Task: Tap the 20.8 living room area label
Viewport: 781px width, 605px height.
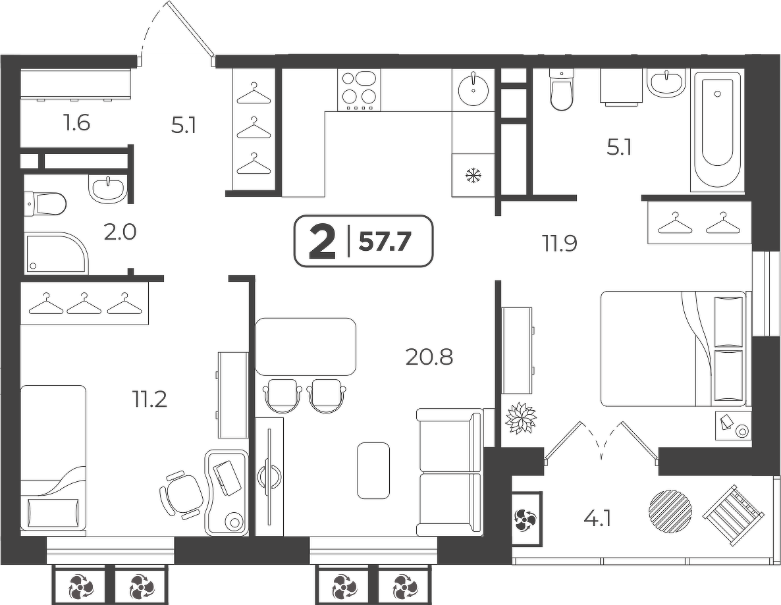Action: [429, 357]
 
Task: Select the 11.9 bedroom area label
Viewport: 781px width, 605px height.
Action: [560, 244]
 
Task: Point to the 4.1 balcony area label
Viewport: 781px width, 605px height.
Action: [597, 519]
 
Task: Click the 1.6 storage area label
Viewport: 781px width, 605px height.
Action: [76, 122]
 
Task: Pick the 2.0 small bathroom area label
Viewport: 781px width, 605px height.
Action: [120, 232]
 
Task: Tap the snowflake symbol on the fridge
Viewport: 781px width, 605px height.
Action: [473, 175]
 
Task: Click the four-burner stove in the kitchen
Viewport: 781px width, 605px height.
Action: [359, 90]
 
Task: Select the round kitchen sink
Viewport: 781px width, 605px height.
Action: [473, 89]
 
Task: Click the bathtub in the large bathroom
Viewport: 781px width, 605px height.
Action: [716, 132]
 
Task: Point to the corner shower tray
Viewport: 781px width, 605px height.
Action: [56, 252]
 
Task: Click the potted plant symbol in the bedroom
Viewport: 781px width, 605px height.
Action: [520, 417]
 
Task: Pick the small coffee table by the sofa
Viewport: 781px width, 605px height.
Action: [373, 470]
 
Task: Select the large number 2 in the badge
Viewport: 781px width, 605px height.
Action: [322, 242]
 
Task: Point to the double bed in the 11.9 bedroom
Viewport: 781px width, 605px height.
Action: [673, 348]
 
